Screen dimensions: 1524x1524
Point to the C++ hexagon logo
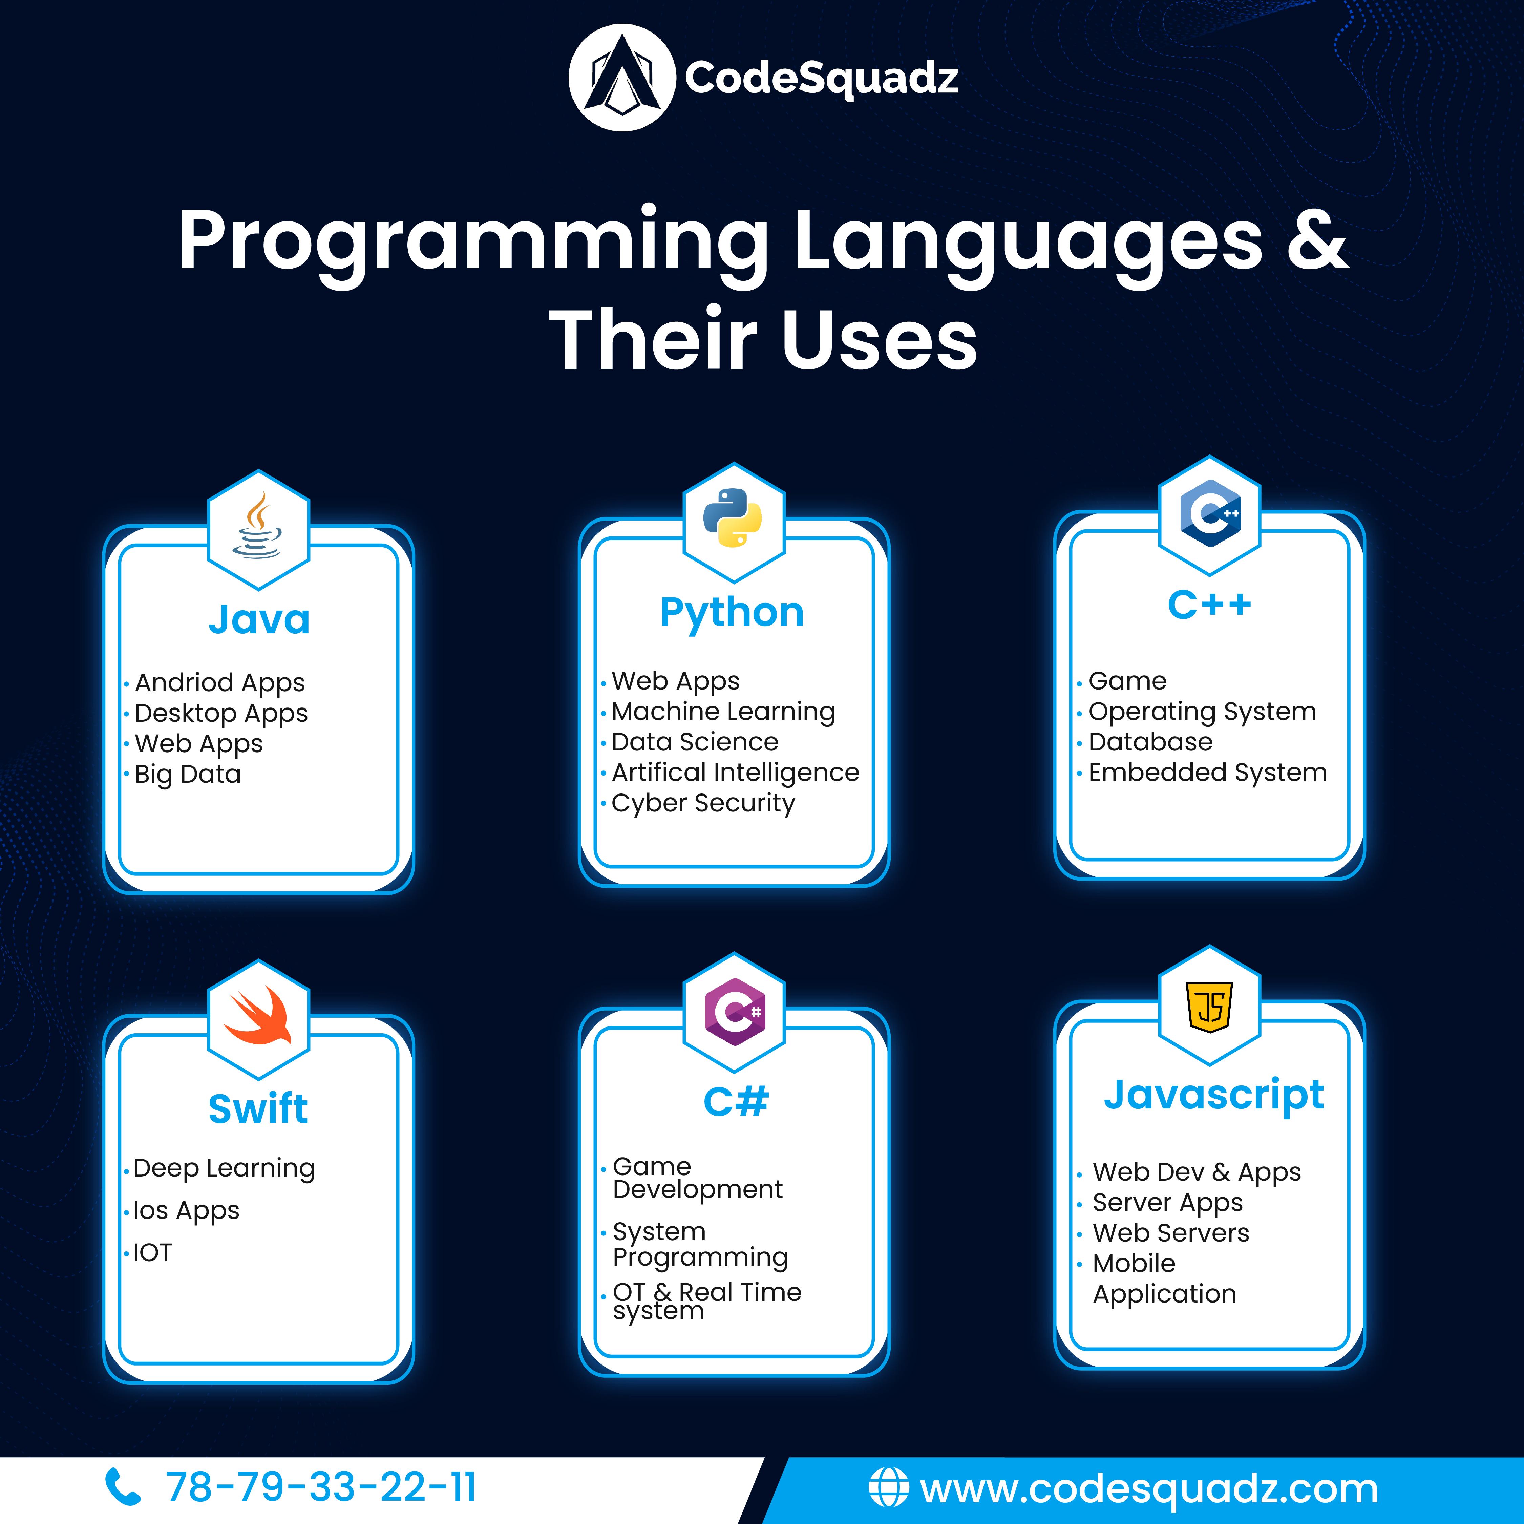(1210, 513)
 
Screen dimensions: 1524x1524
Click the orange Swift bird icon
(258, 1015)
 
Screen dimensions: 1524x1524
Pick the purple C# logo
(734, 1011)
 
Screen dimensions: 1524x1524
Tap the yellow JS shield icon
(1210, 1006)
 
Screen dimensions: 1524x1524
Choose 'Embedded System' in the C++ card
(1208, 772)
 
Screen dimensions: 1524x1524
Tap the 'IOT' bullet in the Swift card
(152, 1253)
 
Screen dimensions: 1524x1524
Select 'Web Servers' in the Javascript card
(1171, 1233)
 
